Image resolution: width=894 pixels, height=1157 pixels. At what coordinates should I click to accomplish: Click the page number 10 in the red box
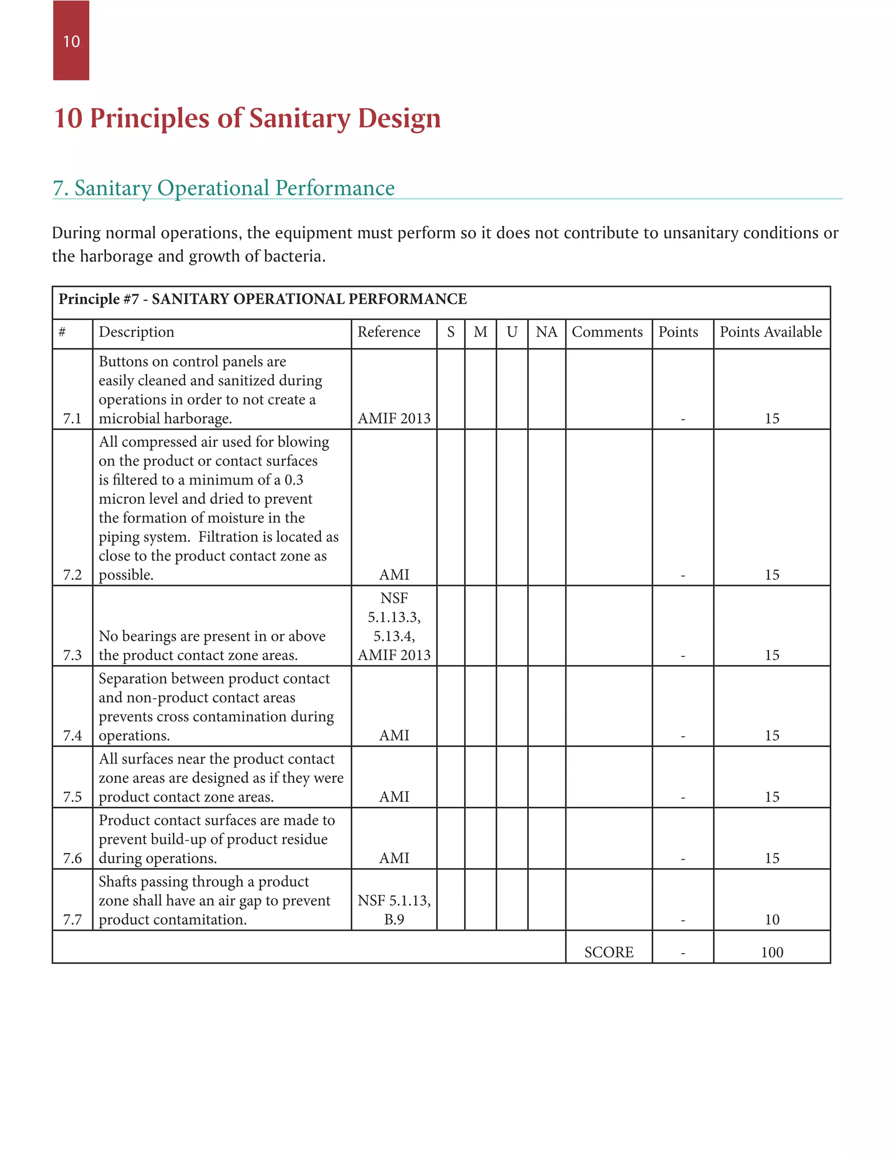[x=71, y=41]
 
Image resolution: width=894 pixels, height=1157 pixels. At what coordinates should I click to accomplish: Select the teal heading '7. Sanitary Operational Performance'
[x=223, y=188]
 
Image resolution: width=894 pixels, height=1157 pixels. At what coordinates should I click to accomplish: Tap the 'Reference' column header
[x=389, y=332]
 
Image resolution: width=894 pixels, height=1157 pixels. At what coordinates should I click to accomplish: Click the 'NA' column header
[x=546, y=332]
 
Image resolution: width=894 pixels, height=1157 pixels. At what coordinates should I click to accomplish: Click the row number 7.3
[x=72, y=655]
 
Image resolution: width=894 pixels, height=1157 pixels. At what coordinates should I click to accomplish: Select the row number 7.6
[x=72, y=858]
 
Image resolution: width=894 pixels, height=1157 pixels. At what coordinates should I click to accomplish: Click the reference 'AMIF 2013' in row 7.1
[x=394, y=419]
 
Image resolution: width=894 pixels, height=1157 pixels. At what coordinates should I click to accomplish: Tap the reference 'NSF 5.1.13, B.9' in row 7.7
[x=394, y=910]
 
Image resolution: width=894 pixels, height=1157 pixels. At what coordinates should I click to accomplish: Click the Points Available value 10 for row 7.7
[x=772, y=919]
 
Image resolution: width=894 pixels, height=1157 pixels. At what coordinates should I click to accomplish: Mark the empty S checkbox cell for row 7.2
[x=450, y=507]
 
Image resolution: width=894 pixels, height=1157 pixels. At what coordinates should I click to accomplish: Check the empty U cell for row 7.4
[x=512, y=706]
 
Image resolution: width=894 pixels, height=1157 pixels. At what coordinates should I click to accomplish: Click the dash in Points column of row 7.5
[x=683, y=797]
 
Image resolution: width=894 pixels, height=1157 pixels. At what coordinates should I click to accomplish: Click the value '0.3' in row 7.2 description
[x=294, y=480]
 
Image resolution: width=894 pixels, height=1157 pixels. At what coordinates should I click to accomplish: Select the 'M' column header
[x=480, y=332]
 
